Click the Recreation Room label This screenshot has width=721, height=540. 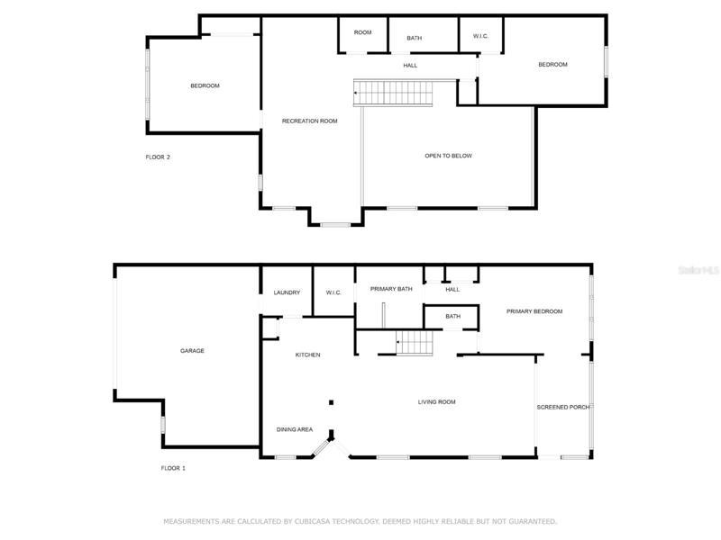(x=309, y=121)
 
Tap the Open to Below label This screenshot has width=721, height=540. (x=448, y=156)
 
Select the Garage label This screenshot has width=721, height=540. (x=192, y=351)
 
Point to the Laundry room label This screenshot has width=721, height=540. (x=287, y=292)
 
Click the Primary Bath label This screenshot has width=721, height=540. (x=391, y=289)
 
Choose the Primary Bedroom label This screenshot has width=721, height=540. (x=534, y=311)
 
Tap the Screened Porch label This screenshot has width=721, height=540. (x=562, y=408)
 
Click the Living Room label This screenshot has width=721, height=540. (x=437, y=402)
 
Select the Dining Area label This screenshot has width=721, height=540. (x=295, y=430)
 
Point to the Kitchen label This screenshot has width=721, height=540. (x=307, y=355)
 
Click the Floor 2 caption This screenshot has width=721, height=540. (x=158, y=157)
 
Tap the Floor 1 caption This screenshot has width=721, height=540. (x=173, y=468)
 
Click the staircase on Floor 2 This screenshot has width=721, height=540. (x=393, y=94)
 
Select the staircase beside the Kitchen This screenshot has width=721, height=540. (x=415, y=343)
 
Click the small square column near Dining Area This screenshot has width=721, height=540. (x=331, y=402)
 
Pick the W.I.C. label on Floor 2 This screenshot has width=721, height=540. (x=480, y=36)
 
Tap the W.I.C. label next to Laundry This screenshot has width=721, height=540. (x=333, y=292)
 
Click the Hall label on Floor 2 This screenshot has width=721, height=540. (x=410, y=66)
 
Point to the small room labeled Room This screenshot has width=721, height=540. (x=363, y=32)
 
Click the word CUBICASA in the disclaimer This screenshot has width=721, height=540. (x=312, y=522)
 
